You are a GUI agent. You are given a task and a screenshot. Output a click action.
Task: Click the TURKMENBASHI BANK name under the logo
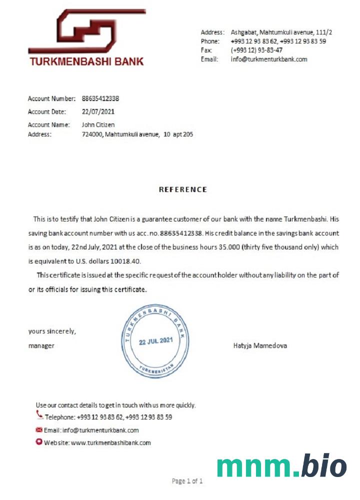(x=86, y=62)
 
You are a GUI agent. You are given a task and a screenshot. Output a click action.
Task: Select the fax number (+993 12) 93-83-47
(x=256, y=50)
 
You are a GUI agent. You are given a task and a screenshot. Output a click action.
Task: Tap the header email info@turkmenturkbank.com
(x=269, y=59)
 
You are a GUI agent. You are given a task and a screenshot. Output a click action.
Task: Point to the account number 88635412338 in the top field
(x=100, y=98)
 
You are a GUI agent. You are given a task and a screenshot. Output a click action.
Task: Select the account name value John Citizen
(x=98, y=124)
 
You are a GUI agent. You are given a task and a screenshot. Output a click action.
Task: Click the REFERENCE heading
(x=182, y=189)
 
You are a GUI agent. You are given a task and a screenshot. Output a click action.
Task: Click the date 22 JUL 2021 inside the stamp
(x=155, y=341)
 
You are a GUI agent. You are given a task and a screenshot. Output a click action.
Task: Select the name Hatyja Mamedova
(x=260, y=345)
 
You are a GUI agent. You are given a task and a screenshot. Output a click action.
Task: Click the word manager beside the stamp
(x=41, y=345)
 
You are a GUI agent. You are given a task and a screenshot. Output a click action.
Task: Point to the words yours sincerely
(x=52, y=331)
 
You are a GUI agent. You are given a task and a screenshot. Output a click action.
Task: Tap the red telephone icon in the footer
(x=39, y=414)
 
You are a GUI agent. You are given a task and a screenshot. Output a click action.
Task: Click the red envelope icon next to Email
(x=39, y=429)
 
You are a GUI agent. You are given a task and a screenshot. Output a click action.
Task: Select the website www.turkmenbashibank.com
(x=110, y=442)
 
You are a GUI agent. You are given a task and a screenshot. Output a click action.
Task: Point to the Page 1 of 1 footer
(x=187, y=481)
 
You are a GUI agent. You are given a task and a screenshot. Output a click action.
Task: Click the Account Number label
(x=51, y=98)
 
